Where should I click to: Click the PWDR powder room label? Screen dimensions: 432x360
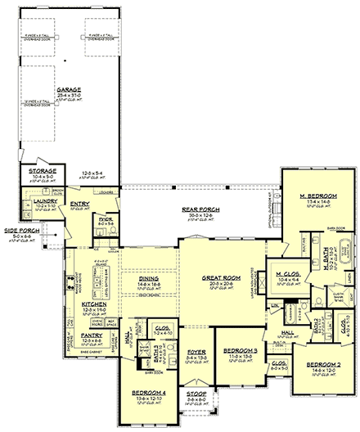pos(106,219)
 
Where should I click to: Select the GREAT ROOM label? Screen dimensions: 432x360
pos(219,278)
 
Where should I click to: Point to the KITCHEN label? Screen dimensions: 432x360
pos(94,304)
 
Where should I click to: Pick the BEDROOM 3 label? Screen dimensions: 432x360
pos(239,351)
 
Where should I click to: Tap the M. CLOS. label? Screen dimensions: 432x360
pos(286,274)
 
